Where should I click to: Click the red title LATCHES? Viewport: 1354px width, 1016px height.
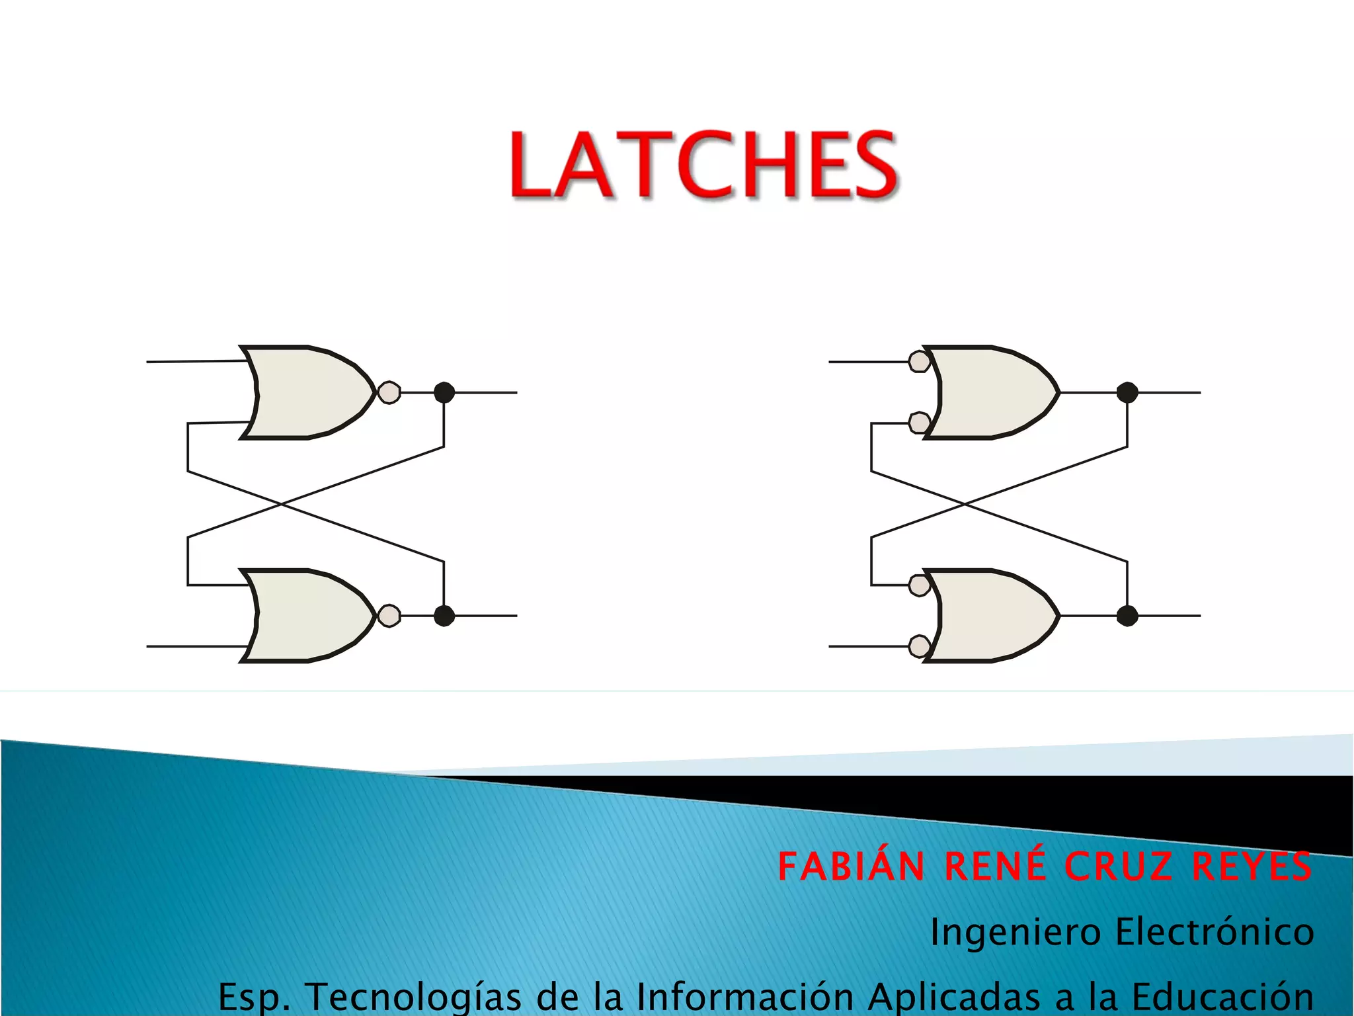pos(703,165)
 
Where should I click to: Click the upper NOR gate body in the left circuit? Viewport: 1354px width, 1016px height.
pos(307,392)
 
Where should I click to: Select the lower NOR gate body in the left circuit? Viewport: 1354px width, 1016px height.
pos(307,616)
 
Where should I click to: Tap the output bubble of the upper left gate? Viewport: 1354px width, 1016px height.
pos(389,392)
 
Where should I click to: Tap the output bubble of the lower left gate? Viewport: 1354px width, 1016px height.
pos(389,616)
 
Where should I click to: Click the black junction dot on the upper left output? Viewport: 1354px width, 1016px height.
pos(444,392)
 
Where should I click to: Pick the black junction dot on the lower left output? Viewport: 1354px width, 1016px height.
pos(444,616)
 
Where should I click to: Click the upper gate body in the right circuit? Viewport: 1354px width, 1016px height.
pos(992,392)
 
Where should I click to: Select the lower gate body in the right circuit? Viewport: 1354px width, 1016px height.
pos(992,616)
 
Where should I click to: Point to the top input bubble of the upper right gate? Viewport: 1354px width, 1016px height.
pos(919,361)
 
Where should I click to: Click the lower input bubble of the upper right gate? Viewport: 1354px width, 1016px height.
pos(919,422)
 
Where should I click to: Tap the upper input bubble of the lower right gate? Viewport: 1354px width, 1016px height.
pos(919,585)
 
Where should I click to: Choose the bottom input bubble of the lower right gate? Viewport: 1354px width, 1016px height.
pos(919,646)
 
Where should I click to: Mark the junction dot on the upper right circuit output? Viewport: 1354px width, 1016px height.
pos(1127,392)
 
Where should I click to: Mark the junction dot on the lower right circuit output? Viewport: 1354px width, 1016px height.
pos(1127,616)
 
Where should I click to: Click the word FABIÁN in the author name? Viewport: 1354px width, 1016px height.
pos(852,867)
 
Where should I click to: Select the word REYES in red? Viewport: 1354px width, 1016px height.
pos(1252,867)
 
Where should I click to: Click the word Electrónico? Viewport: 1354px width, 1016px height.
pos(1214,932)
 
